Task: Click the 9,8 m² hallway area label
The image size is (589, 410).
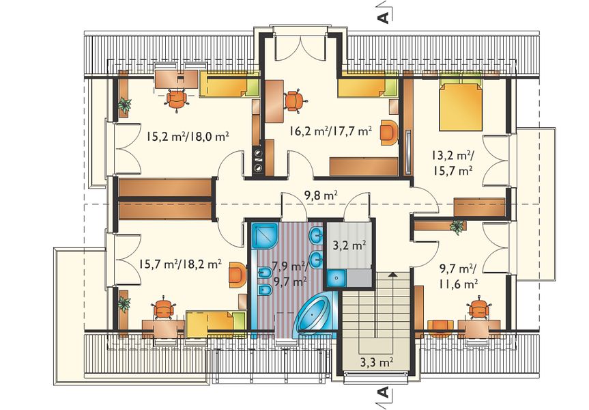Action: [320, 195]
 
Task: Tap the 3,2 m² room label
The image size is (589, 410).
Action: [349, 246]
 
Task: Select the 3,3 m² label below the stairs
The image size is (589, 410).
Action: [376, 363]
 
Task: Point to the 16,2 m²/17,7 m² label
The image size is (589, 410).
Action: [330, 131]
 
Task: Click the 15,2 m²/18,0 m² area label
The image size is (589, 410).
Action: [188, 137]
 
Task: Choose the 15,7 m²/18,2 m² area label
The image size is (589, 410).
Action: [180, 264]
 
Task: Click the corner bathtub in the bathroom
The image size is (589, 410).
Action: [315, 312]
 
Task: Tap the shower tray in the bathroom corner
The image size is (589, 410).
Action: [265, 236]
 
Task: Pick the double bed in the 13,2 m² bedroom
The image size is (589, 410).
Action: [461, 104]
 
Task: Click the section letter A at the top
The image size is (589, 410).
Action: [384, 17]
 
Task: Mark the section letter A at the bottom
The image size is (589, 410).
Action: [383, 392]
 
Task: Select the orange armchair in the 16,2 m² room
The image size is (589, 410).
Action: [388, 132]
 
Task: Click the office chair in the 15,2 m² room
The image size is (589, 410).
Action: [176, 99]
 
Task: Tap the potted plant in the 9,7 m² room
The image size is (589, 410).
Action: [457, 226]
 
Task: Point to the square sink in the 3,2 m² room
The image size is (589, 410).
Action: [336, 278]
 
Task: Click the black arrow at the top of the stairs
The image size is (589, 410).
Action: [392, 274]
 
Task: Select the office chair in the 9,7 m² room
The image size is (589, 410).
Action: [479, 308]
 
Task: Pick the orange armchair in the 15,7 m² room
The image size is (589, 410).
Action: [238, 275]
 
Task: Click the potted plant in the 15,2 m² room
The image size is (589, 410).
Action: [124, 105]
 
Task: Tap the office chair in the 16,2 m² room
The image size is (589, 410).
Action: [294, 100]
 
